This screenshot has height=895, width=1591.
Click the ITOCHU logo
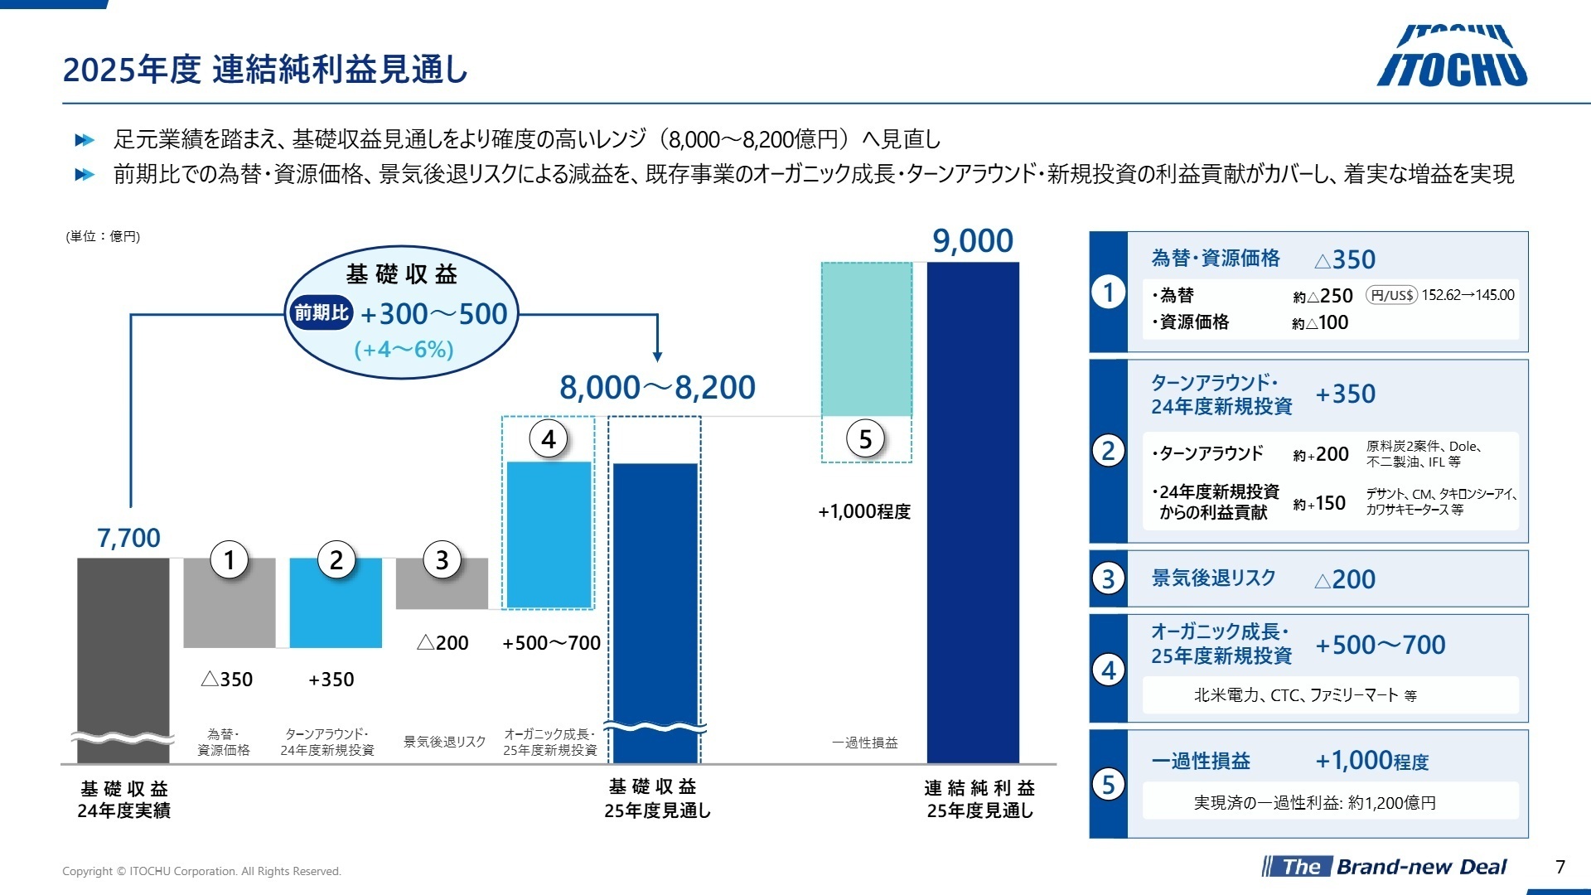pyautogui.click(x=1452, y=56)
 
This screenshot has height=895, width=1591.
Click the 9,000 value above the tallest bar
pyautogui.click(x=973, y=241)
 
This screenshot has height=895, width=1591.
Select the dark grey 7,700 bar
pyautogui.click(x=123, y=655)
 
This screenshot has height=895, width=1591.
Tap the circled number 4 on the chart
pyautogui.click(x=549, y=439)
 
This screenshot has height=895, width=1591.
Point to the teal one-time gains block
pyautogui.click(x=867, y=339)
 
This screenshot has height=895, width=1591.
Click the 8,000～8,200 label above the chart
pyautogui.click(x=657, y=387)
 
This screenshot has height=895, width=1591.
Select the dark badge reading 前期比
pyautogui.click(x=322, y=312)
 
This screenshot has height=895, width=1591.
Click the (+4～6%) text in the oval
pyautogui.click(x=404, y=349)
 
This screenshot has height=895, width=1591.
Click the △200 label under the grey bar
pyautogui.click(x=442, y=642)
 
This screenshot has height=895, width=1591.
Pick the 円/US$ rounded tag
pyautogui.click(x=1391, y=295)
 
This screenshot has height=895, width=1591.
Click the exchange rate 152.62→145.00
pyautogui.click(x=1468, y=295)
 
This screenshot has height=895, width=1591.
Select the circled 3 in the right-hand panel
pyautogui.click(x=1109, y=578)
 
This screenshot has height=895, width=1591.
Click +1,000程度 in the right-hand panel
pyautogui.click(x=1371, y=760)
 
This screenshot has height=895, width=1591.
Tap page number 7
pyautogui.click(x=1560, y=867)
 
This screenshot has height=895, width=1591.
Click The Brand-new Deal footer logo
pyautogui.click(x=1384, y=867)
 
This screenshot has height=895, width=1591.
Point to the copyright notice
pyautogui.click(x=201, y=871)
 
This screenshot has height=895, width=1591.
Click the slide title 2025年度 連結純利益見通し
pyautogui.click(x=265, y=70)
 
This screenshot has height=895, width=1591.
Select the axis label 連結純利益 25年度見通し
pyautogui.click(x=979, y=799)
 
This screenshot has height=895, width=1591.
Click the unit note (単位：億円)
pyautogui.click(x=103, y=237)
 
